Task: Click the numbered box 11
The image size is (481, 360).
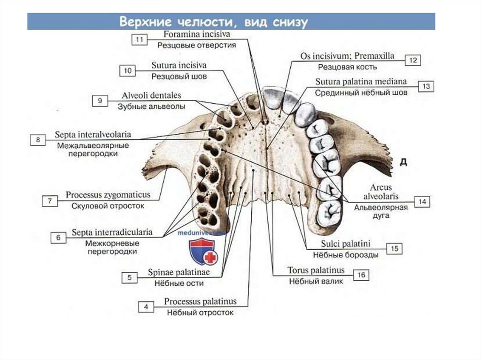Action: point(139,40)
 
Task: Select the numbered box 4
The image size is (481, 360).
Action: point(146,306)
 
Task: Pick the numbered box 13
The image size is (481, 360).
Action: point(426,86)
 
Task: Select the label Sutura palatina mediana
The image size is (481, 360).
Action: point(361,82)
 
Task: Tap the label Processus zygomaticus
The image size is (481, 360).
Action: point(108,194)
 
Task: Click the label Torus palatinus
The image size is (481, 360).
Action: point(316,270)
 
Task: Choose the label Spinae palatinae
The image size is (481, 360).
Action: point(178,272)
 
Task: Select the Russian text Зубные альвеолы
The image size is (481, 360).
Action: point(151,107)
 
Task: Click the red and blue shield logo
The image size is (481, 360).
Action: point(202,252)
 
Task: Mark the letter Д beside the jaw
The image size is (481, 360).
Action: point(403,162)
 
